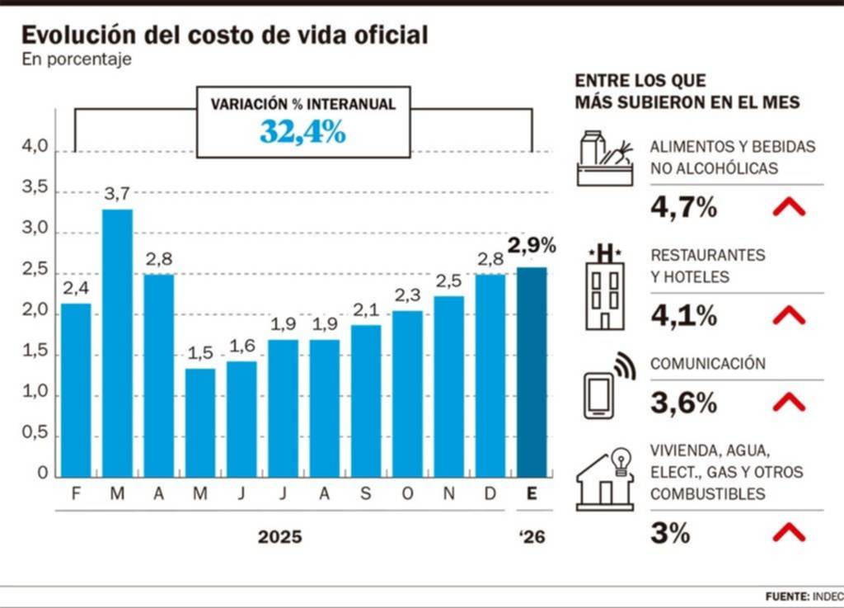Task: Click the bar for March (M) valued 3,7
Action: tap(117, 342)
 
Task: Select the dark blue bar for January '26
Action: tap(532, 371)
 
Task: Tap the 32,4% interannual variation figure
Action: tap(302, 131)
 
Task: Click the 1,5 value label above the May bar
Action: tap(199, 353)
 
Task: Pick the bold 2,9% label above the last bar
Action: tap(532, 245)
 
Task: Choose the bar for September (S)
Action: tap(366, 400)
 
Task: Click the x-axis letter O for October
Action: tap(407, 494)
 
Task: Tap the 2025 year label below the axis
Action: tap(280, 537)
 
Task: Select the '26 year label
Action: tap(532, 537)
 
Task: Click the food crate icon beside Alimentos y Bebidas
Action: tap(606, 158)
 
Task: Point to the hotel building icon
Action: tap(606, 286)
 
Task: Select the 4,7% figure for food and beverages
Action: tap(683, 207)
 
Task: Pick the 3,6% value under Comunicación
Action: tap(683, 403)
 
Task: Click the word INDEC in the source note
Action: tap(828, 596)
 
